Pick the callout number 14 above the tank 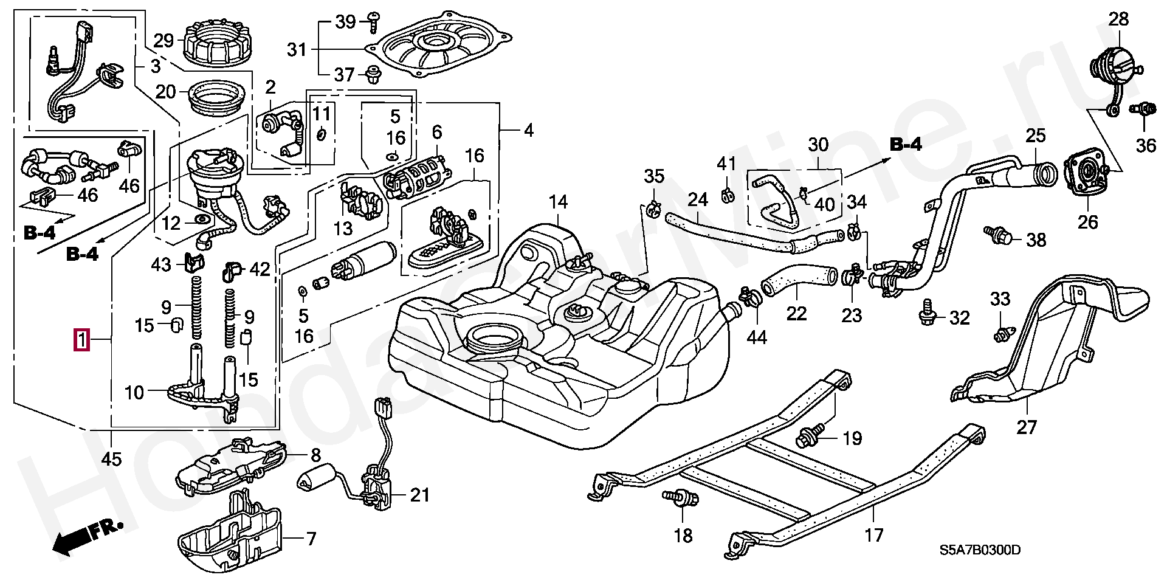tap(558, 202)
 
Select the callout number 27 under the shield tap(1026, 427)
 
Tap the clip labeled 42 tap(231, 271)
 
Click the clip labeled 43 tap(193, 262)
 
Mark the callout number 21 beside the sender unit tap(419, 495)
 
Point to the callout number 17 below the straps tap(873, 535)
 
